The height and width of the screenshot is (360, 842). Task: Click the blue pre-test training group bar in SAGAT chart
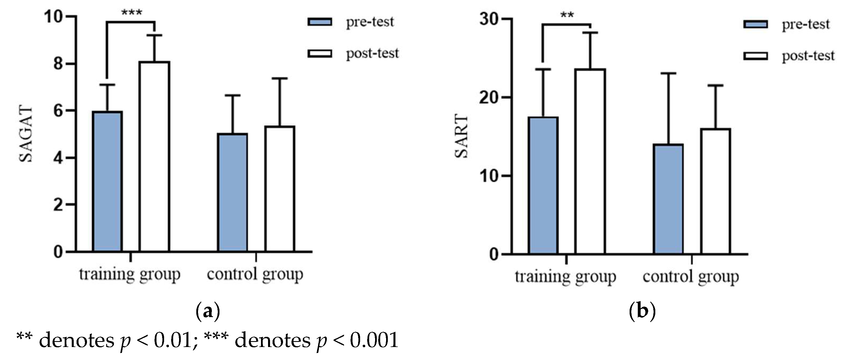pos(107,181)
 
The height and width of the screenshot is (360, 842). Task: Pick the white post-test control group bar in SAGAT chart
pos(280,189)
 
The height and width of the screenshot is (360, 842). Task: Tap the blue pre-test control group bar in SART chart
pos(669,198)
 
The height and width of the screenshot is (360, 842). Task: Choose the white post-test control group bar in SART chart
pos(715,191)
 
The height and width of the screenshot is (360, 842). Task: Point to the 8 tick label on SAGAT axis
pos(58,64)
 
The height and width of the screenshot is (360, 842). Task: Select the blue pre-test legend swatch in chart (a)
pos(320,22)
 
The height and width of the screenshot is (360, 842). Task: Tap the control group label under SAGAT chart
pos(255,274)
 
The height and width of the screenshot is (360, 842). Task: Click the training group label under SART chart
pos(565,277)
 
